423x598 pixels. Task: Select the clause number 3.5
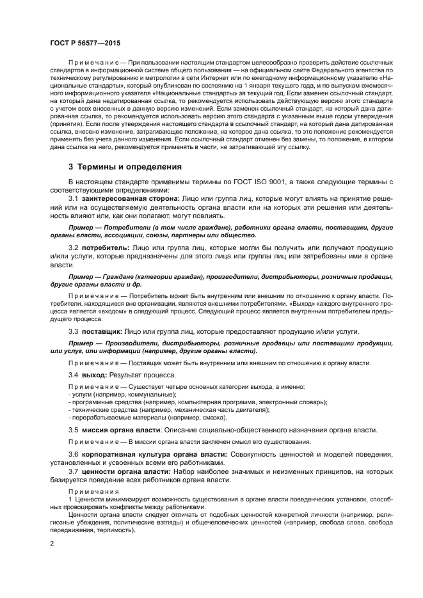[x=74, y=430]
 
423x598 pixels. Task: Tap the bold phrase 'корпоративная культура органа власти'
[x=145, y=453]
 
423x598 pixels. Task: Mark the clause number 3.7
[x=74, y=471]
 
